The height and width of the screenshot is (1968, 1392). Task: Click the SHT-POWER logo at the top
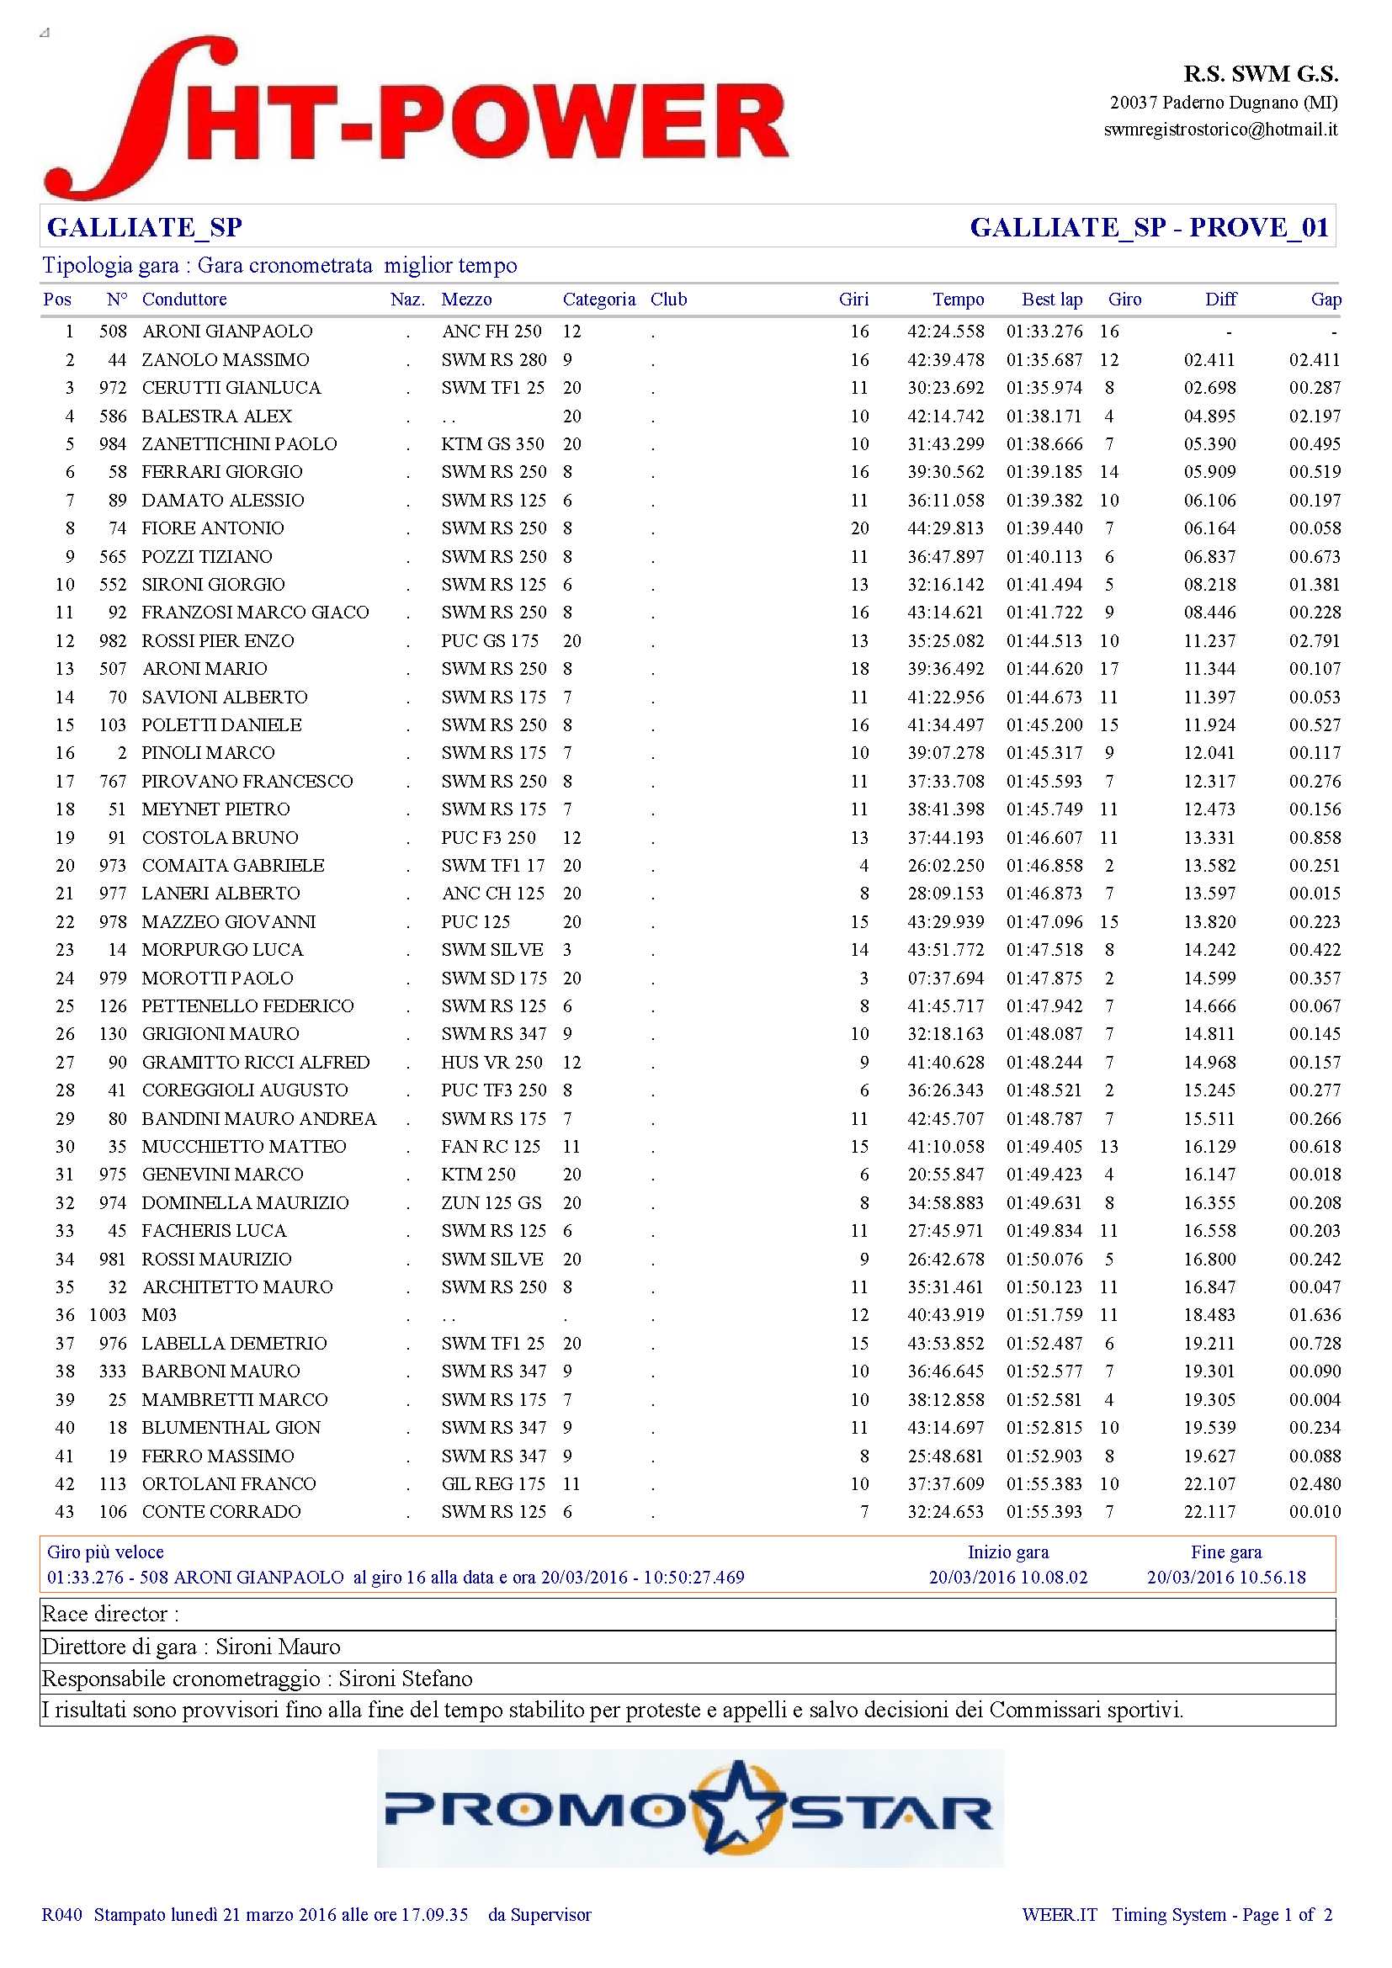(416, 118)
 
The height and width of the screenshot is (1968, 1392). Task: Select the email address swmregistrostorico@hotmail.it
(1219, 130)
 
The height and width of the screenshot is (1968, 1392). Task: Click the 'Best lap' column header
(1051, 300)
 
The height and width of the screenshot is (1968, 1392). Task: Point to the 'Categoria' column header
(598, 300)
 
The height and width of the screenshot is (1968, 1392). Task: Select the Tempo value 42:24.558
(945, 332)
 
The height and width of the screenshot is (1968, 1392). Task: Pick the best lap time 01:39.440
(1044, 528)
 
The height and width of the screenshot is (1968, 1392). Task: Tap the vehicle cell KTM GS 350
(493, 444)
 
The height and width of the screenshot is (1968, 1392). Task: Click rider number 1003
(107, 1315)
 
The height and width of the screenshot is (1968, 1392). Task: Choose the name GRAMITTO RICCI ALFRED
(256, 1062)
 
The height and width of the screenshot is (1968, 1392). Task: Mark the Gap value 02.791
(1314, 640)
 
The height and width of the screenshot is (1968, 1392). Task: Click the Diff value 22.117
(1209, 1511)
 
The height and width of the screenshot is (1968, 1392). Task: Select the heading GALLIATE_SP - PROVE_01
(1149, 227)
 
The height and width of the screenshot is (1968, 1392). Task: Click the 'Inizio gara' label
(1007, 1552)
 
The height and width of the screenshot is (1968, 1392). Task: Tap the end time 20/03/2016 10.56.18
(1225, 1577)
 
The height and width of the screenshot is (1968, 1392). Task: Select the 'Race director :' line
(110, 1614)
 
